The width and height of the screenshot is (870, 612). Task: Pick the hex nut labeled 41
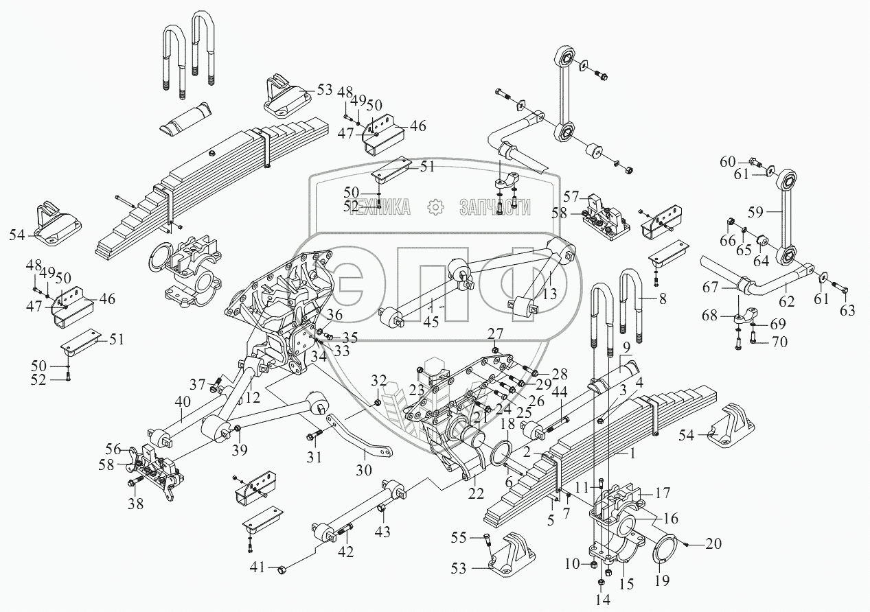point(281,569)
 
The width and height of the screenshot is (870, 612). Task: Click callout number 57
point(572,196)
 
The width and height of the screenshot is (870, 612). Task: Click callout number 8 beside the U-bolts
point(663,298)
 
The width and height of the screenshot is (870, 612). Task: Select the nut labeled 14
point(602,582)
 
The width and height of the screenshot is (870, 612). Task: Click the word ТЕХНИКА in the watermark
point(379,208)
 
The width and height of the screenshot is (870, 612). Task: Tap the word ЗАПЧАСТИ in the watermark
point(494,208)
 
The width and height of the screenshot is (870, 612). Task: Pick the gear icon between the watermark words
point(434,208)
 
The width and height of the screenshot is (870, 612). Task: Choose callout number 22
point(475,493)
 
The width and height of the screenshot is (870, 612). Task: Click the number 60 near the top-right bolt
point(728,162)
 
